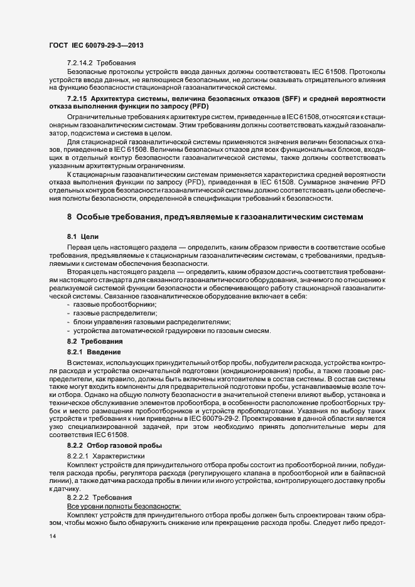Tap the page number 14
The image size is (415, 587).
coord(52,537)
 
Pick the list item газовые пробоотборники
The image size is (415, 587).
coord(110,304)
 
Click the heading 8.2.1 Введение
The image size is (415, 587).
coord(90,352)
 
